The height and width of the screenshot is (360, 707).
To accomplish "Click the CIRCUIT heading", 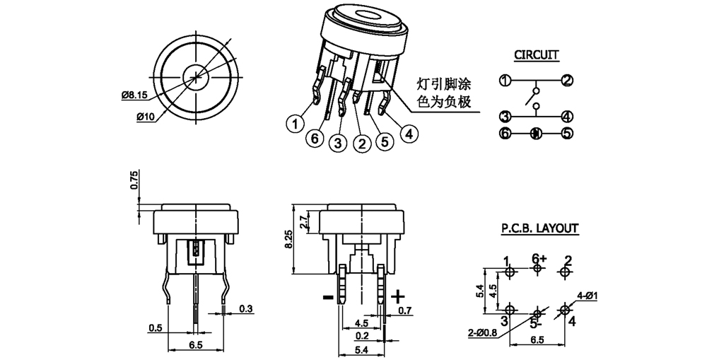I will (536, 54).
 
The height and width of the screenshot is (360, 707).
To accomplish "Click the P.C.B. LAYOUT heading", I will (540, 228).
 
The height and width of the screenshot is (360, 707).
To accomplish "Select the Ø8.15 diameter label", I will (134, 93).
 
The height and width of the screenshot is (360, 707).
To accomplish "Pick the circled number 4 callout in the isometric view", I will (409, 132).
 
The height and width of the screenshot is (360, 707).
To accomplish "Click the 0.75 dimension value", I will (134, 180).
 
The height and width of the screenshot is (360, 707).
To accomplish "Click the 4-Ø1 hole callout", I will (588, 295).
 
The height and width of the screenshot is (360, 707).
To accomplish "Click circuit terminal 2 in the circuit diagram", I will (566, 80).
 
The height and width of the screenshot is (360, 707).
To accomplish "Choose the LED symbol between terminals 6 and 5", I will (535, 132).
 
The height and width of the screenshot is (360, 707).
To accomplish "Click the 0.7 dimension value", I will (404, 310).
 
